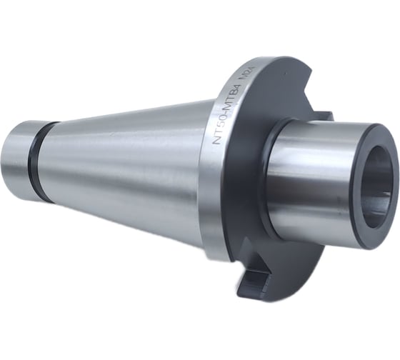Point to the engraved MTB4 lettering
[234, 99]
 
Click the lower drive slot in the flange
[255, 281]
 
